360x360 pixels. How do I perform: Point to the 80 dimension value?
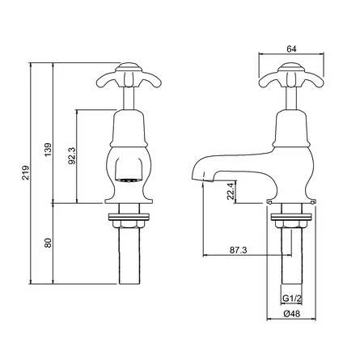click(x=49, y=242)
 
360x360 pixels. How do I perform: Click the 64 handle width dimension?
click(x=290, y=48)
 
